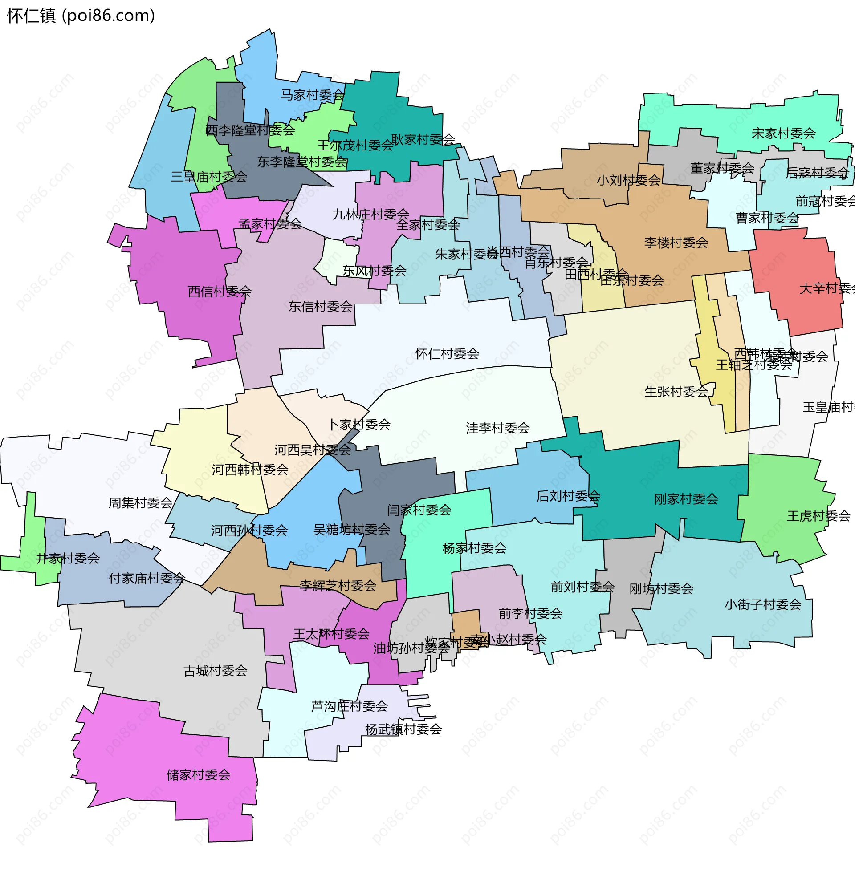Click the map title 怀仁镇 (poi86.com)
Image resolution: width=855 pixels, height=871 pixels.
[81, 16]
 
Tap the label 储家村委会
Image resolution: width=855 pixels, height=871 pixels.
[198, 775]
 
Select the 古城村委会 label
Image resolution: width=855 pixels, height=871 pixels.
[215, 671]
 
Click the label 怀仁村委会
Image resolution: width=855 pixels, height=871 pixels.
[447, 354]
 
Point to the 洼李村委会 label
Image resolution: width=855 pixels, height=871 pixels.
[497, 428]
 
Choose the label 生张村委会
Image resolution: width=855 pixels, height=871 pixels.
[676, 392]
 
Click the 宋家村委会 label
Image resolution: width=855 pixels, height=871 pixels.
[784, 133]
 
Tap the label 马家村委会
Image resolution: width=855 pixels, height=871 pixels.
[312, 95]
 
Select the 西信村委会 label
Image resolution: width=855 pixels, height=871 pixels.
[219, 292]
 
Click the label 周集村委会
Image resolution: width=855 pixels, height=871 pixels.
[140, 503]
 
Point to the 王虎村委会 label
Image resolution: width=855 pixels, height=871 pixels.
[818, 516]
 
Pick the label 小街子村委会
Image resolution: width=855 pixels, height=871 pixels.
[762, 605]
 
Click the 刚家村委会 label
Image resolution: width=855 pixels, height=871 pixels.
[686, 499]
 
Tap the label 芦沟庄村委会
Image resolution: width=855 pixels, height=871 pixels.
[349, 706]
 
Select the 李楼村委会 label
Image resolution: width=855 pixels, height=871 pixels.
[676, 243]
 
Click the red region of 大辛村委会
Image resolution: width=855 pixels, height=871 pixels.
[795, 278]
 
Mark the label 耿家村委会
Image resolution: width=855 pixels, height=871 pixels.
[423, 140]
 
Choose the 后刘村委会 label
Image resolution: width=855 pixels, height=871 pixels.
[568, 496]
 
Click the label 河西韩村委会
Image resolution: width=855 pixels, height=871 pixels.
[250, 470]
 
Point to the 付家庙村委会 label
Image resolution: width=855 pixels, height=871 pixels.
[147, 579]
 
